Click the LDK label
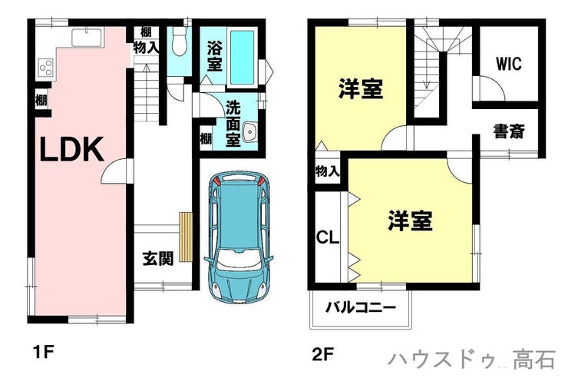(x=71, y=149)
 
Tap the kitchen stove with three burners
(x=46, y=68)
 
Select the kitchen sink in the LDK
(x=88, y=38)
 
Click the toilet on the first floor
(x=179, y=41)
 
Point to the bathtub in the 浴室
(x=243, y=57)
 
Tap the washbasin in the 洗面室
(x=250, y=131)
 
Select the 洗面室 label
(x=233, y=123)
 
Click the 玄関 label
(x=157, y=258)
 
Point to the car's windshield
(x=239, y=260)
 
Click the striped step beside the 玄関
(x=185, y=237)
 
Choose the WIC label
(x=509, y=64)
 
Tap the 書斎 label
(x=509, y=131)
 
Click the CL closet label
(x=328, y=237)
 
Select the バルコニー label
(x=361, y=307)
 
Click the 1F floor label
(x=43, y=351)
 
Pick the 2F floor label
(x=322, y=354)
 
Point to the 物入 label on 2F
(x=328, y=171)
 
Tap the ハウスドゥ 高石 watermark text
(x=471, y=359)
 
